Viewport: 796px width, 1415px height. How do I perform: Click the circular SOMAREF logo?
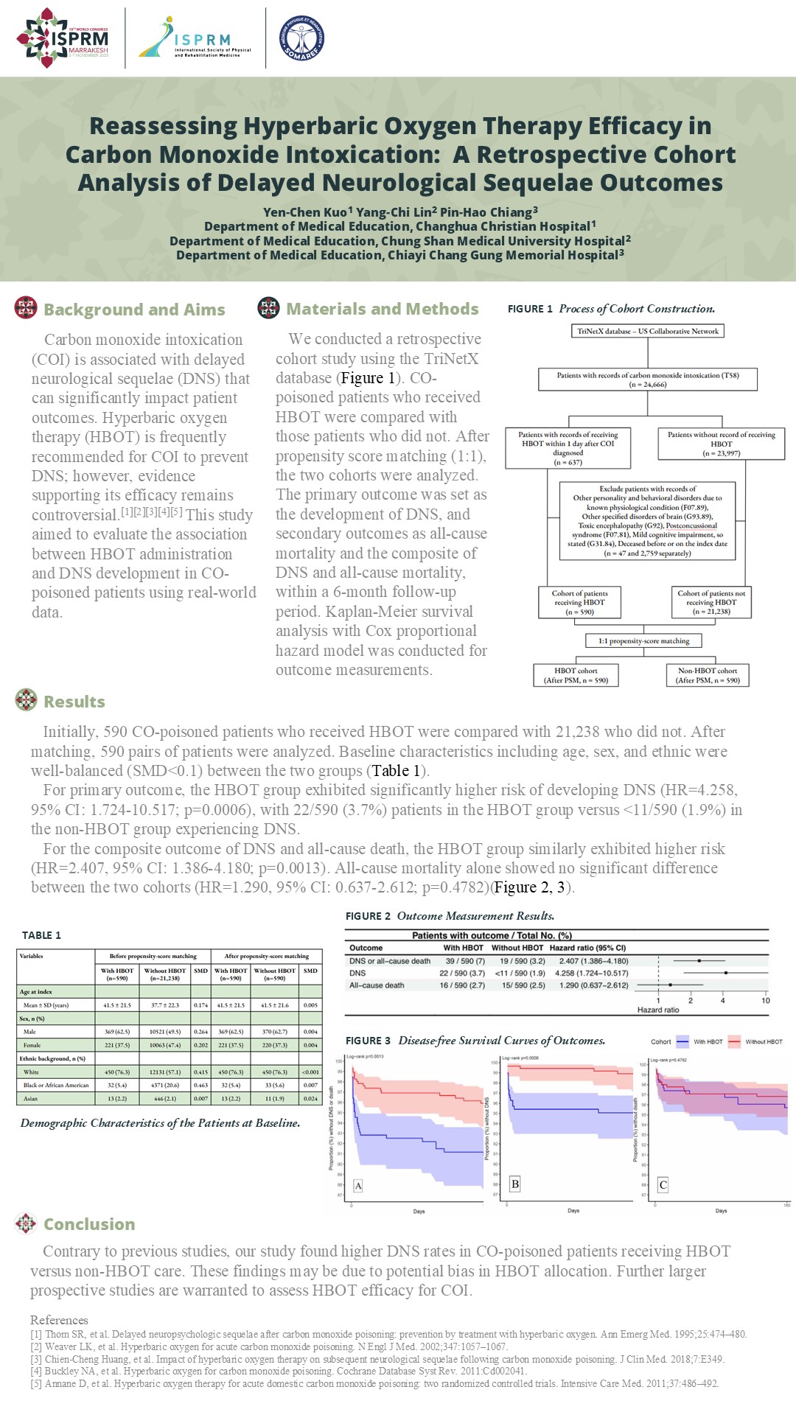(x=302, y=38)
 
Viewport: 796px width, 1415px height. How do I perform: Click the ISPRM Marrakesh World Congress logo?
(x=63, y=38)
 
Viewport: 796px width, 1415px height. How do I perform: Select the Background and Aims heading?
(x=134, y=310)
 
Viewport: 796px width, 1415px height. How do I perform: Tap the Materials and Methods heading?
(x=382, y=309)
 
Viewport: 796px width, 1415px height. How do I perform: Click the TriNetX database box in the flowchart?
(x=647, y=331)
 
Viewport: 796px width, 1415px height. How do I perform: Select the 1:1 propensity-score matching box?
(x=643, y=641)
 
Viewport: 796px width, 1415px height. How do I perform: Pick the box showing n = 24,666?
(x=648, y=380)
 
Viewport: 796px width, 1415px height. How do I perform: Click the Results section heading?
(x=74, y=702)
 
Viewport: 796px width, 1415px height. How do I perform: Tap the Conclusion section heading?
(x=88, y=1224)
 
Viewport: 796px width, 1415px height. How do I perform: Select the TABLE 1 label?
(x=41, y=935)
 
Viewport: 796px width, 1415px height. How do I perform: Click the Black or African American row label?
(x=56, y=1085)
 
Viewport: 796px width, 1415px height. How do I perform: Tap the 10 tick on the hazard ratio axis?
(x=765, y=1000)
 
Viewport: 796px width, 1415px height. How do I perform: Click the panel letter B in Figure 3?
(x=515, y=1184)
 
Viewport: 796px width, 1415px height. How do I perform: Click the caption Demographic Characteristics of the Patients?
(x=160, y=1123)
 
